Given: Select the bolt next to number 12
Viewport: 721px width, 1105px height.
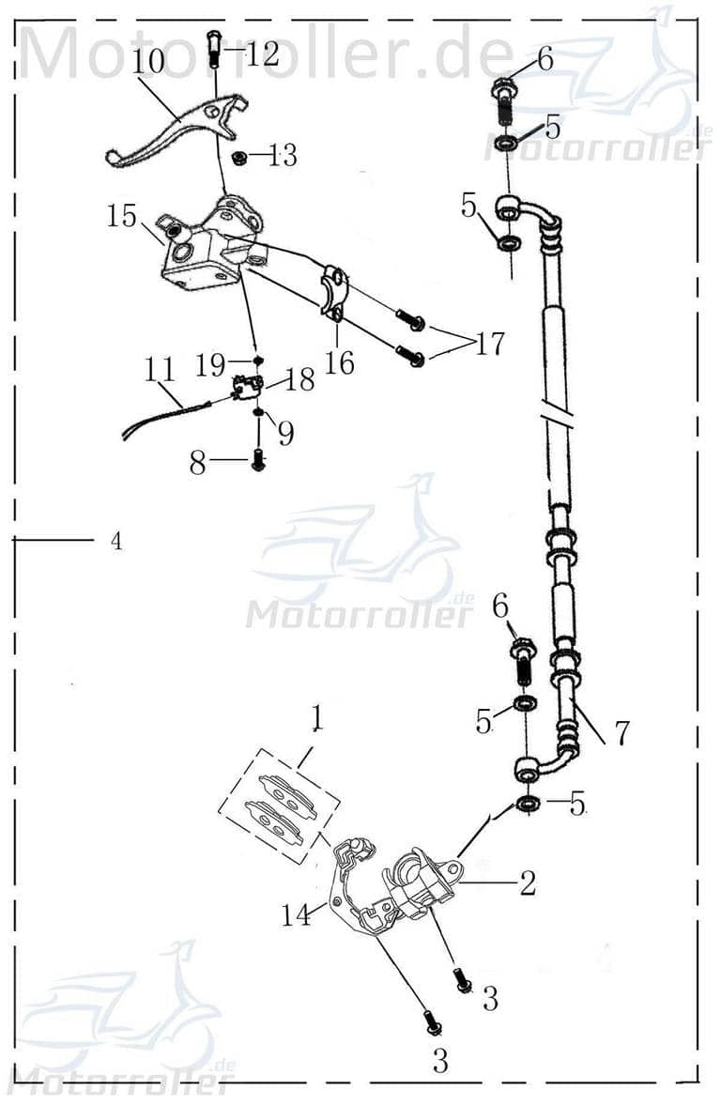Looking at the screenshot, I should (x=213, y=47).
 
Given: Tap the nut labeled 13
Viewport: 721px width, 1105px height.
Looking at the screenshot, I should (x=238, y=155).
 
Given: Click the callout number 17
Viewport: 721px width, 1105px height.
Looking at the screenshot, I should (x=489, y=344).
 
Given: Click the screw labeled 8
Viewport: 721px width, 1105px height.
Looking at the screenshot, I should (x=258, y=461).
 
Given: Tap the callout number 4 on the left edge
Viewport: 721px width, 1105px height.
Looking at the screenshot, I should (x=115, y=542).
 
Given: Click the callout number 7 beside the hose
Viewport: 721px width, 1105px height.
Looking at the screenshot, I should (x=621, y=732).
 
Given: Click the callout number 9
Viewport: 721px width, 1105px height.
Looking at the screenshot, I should (x=284, y=433).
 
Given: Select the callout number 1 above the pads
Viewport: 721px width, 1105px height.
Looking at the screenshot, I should (x=317, y=718).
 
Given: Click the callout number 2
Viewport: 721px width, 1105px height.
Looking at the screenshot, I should (x=528, y=882).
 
